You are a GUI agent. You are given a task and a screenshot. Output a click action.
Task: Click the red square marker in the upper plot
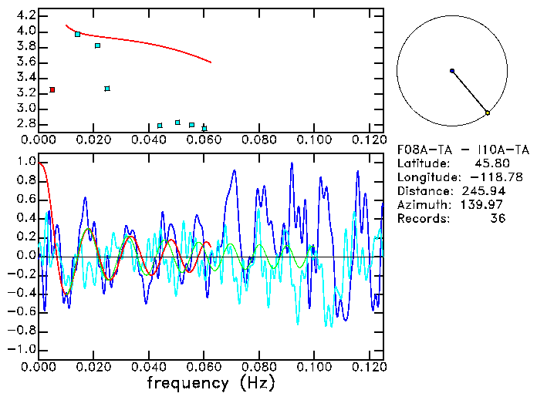[52, 90]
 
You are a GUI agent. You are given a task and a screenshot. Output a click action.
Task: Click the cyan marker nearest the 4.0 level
[77, 34]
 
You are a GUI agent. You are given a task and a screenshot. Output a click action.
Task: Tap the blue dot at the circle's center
[452, 71]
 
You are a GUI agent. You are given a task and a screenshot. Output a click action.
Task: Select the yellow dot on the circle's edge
[488, 113]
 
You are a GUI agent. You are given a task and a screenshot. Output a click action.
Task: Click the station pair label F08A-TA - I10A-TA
[463, 150]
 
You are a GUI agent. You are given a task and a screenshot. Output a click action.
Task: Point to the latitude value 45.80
[490, 163]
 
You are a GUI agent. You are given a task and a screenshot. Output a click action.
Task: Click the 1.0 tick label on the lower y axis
[26, 162]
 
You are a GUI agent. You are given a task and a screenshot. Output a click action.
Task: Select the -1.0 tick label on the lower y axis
[23, 349]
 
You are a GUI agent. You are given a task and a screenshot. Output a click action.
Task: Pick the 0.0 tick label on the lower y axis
[26, 256]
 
